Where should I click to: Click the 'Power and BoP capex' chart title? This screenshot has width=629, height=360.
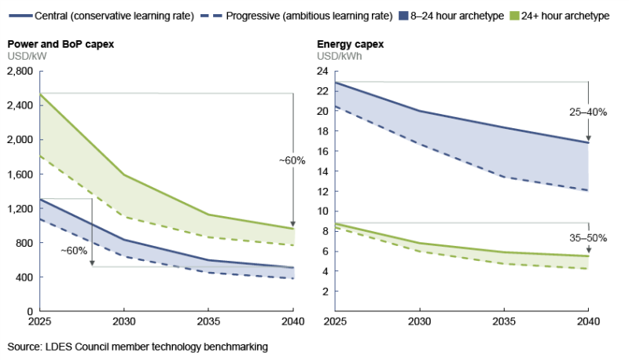(x=61, y=44)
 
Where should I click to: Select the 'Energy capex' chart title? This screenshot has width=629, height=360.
(x=350, y=44)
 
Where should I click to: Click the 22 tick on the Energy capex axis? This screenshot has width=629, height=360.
(x=321, y=91)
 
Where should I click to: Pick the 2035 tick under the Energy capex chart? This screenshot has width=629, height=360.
(x=504, y=322)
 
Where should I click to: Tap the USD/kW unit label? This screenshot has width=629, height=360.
(x=27, y=57)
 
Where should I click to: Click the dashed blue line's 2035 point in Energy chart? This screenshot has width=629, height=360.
(x=504, y=178)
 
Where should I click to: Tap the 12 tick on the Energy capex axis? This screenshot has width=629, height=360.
(x=321, y=191)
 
